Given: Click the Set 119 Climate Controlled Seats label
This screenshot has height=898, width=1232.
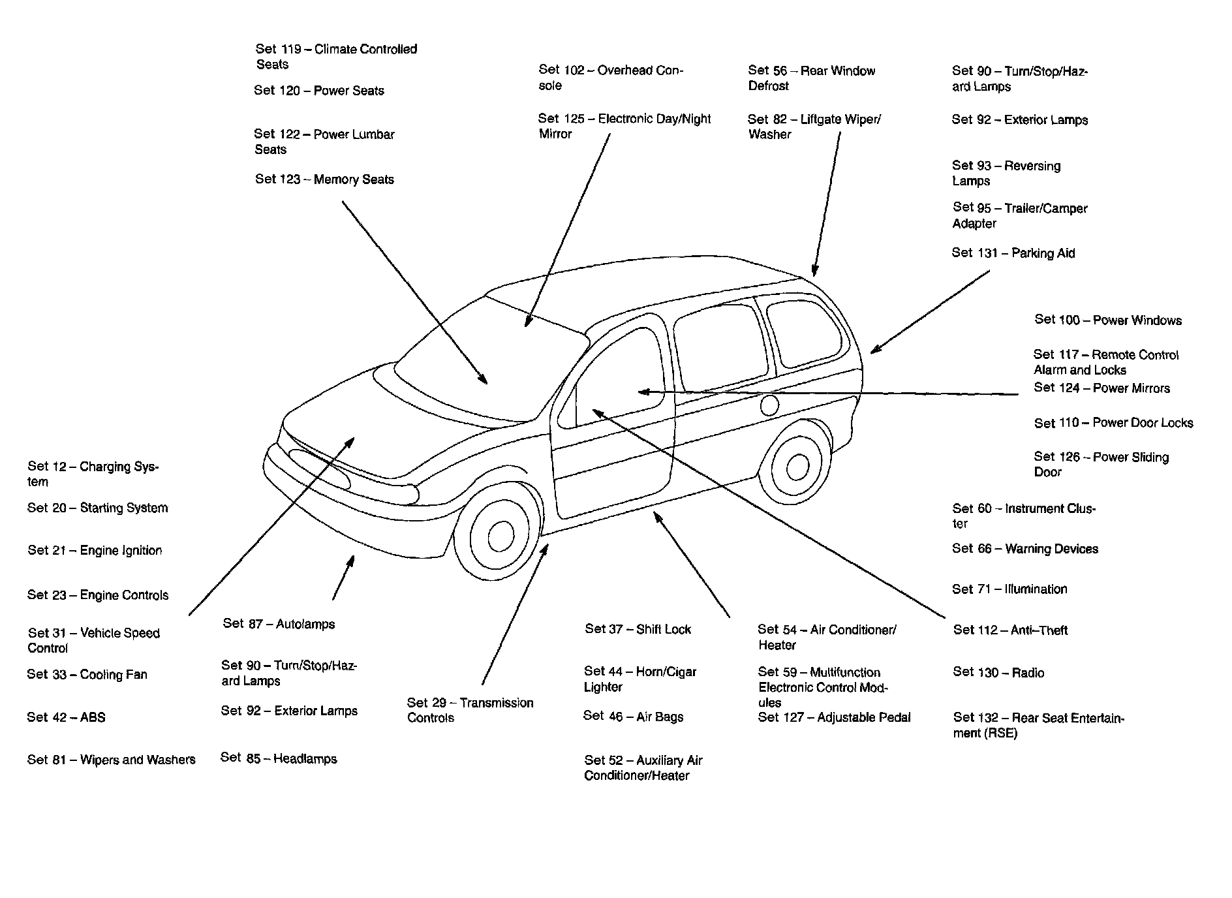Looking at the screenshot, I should (336, 56).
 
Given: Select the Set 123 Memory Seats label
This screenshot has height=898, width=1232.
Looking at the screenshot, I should (324, 179).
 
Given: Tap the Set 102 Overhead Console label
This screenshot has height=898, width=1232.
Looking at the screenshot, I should (610, 78).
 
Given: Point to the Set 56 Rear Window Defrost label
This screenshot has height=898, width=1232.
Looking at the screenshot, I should (811, 78).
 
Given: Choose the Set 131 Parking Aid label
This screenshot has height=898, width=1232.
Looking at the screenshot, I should (1013, 253).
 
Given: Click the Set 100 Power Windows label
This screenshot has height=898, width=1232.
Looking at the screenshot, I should (1107, 320).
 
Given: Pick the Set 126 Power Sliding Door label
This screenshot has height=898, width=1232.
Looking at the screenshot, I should (1101, 464).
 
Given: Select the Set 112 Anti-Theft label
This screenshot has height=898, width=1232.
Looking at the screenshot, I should (1010, 630).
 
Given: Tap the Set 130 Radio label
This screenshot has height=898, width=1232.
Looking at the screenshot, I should (998, 672).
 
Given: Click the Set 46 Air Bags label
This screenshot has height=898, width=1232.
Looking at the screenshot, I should (633, 717).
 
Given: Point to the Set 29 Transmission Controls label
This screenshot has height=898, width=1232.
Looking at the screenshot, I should (470, 710).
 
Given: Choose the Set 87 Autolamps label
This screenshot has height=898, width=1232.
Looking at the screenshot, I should (279, 624).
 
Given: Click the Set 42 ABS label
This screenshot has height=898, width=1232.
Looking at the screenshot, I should (66, 717).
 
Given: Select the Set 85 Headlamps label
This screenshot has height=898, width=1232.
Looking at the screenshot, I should (279, 758).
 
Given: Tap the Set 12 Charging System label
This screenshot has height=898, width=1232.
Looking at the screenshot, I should (93, 474).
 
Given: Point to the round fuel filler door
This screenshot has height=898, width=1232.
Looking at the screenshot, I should (769, 405).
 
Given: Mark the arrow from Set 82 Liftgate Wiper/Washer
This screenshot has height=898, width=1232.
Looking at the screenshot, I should (826, 202).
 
